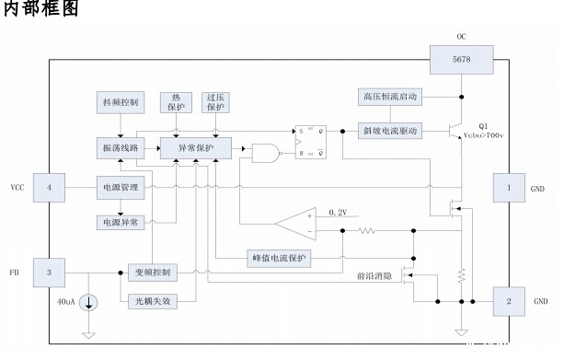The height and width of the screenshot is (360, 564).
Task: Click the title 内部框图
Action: click(42, 10)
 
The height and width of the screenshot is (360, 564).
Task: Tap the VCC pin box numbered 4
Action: click(50, 188)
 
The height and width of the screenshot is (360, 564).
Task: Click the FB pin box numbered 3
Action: click(50, 273)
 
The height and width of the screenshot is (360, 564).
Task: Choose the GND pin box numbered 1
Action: click(509, 188)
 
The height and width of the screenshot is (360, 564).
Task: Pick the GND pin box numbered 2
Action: click(509, 300)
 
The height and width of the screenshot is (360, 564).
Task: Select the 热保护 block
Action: click(176, 102)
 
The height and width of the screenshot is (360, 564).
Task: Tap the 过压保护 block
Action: click(215, 102)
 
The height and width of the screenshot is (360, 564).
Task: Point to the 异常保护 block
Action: click(195, 147)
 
